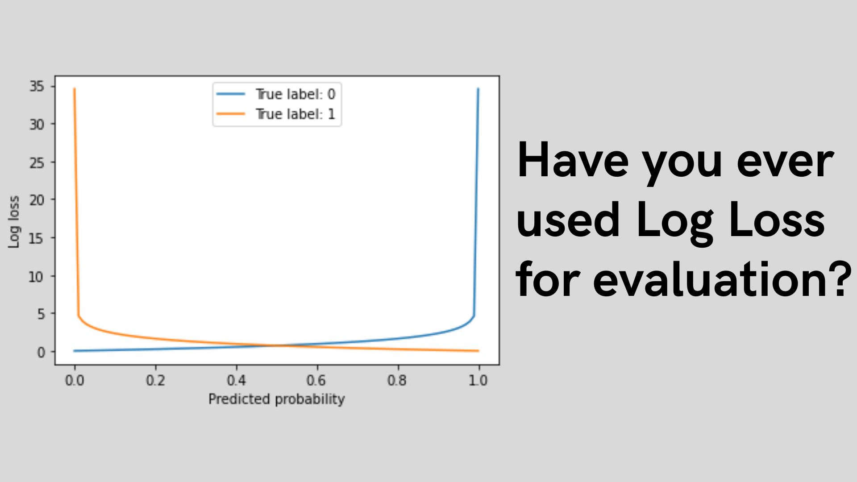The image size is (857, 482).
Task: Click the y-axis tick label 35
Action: click(x=37, y=86)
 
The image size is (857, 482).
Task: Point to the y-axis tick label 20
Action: click(x=37, y=200)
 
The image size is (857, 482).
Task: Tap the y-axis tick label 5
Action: click(x=41, y=314)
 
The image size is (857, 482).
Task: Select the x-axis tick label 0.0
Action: click(x=75, y=380)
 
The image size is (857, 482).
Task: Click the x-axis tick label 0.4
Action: click(x=236, y=380)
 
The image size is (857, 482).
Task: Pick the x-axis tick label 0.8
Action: click(x=397, y=380)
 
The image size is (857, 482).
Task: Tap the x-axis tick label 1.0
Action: click(x=478, y=380)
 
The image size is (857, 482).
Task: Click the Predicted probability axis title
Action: click(x=276, y=399)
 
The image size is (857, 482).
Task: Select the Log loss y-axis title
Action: click(x=14, y=222)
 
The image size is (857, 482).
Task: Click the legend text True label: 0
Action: click(x=295, y=94)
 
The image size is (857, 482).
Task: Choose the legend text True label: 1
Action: click(x=295, y=114)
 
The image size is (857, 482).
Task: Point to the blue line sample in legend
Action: click(x=231, y=94)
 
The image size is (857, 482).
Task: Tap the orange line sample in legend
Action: click(x=231, y=114)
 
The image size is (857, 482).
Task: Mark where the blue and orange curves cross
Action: click(x=277, y=345)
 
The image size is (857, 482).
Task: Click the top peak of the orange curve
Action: click(x=75, y=89)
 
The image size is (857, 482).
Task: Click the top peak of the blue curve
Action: click(x=478, y=89)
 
